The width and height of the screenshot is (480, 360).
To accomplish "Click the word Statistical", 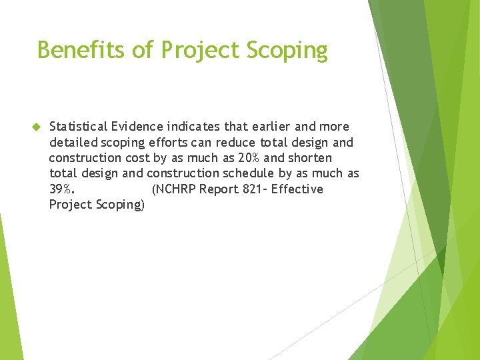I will point(78,127).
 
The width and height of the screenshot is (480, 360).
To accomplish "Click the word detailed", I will point(73,142).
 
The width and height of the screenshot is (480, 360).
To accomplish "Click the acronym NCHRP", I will point(175,189).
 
